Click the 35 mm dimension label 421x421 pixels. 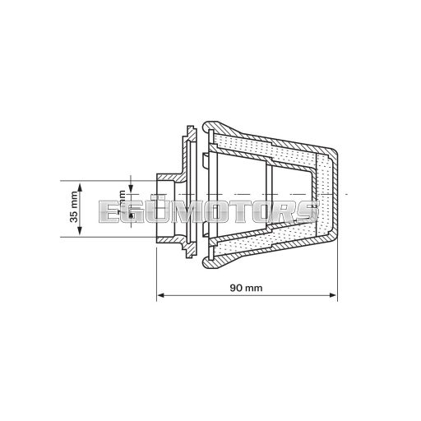[74, 210]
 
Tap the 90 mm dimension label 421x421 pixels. [246, 288]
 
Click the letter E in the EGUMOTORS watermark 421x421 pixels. [109, 212]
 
